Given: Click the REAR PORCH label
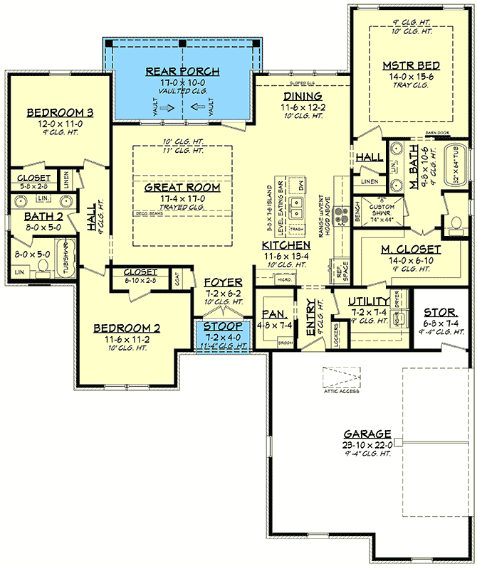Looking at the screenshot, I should [182, 71].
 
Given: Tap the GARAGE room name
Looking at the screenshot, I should [367, 433].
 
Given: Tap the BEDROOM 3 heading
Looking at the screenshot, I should [60, 112].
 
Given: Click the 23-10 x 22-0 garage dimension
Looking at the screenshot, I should [367, 444].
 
